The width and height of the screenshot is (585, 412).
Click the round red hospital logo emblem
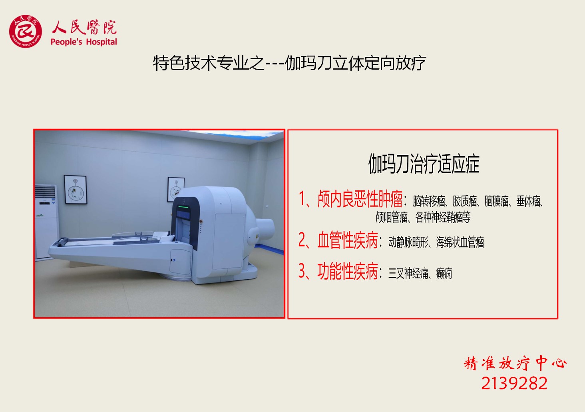[25, 31]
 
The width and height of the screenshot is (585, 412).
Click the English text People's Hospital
[84, 42]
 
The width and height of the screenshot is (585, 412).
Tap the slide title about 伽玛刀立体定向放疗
[290, 63]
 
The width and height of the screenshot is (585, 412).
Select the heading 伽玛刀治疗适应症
[424, 164]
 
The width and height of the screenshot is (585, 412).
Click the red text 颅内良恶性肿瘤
[360, 199]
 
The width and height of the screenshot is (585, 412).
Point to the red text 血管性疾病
[348, 240]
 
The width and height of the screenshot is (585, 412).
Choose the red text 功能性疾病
[348, 271]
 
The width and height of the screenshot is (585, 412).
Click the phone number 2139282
[514, 384]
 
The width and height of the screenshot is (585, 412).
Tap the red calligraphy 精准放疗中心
[515, 363]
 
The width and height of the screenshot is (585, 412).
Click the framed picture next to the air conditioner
[76, 190]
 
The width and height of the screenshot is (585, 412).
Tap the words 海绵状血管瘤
[460, 242]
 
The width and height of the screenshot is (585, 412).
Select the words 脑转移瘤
[429, 201]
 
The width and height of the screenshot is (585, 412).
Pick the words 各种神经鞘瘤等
[443, 217]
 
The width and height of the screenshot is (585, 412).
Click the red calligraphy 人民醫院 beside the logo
[84, 27]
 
